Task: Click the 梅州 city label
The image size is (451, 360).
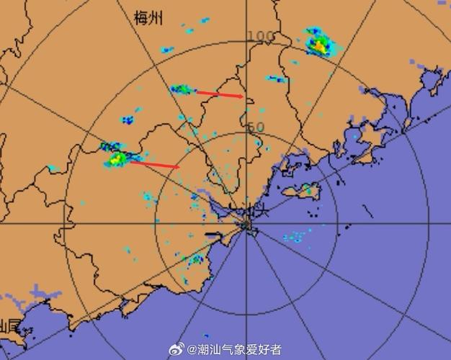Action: pyautogui.click(x=148, y=18)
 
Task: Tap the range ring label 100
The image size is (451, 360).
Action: pyautogui.click(x=260, y=37)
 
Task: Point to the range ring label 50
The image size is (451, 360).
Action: pyautogui.click(x=256, y=127)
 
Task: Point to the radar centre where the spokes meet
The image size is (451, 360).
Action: pyautogui.click(x=246, y=225)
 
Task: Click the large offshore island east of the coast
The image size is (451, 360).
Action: pyautogui.click(x=300, y=191)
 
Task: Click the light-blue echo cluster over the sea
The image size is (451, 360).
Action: pyautogui.click(x=295, y=235)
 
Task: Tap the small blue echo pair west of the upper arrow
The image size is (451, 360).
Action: pyautogui.click(x=128, y=118)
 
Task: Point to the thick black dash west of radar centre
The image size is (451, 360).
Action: pyautogui.click(x=213, y=235)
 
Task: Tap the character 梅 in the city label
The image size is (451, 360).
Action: pyautogui.click(x=141, y=18)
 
